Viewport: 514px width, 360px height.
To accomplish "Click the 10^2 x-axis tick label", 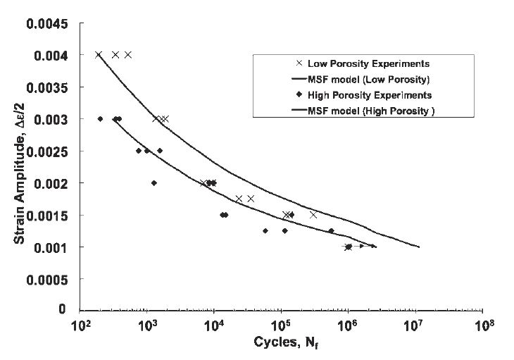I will tap(80, 327).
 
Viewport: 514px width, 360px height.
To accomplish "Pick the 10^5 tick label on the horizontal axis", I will tap(281, 327).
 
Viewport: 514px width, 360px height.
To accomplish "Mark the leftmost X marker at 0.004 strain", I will tap(99, 55).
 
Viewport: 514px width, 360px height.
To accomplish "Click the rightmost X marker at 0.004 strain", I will tap(128, 55).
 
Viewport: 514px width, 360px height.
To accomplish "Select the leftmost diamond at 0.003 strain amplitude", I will tap(101, 119).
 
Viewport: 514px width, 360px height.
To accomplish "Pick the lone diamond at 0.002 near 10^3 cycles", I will tap(154, 183).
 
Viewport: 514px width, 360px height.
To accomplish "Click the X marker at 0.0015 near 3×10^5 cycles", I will tap(313, 215).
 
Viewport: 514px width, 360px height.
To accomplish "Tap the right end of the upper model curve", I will tap(419, 247).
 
